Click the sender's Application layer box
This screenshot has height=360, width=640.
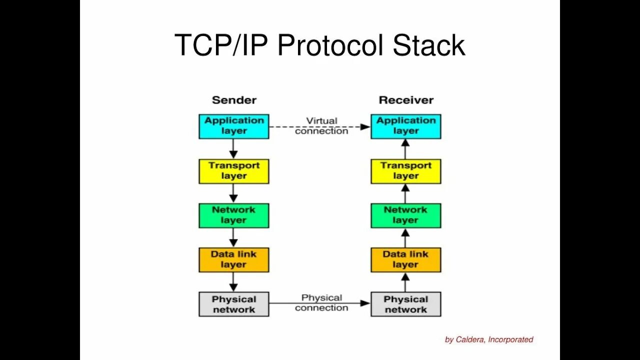pyautogui.click(x=233, y=126)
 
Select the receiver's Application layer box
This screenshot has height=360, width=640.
pyautogui.click(x=405, y=126)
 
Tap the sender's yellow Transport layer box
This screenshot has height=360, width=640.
pyautogui.click(x=233, y=171)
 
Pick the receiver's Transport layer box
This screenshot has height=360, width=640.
pyautogui.click(x=405, y=171)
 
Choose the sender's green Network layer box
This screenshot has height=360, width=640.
pyautogui.click(x=233, y=215)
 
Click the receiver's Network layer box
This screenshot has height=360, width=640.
pyautogui.click(x=405, y=215)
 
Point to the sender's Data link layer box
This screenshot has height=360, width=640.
pyautogui.click(x=233, y=259)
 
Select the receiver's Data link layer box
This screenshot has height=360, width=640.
pyautogui.click(x=405, y=259)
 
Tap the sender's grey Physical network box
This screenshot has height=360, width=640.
pyautogui.click(x=233, y=304)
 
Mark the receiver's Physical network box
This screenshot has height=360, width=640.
pyautogui.click(x=405, y=304)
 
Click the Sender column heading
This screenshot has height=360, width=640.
pyautogui.click(x=234, y=100)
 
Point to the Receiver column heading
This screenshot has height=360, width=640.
pyautogui.click(x=406, y=100)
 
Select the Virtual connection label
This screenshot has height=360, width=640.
pyautogui.click(x=321, y=126)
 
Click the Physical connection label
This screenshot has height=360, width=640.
pyautogui.click(x=321, y=302)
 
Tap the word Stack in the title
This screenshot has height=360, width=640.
pyautogui.click(x=429, y=45)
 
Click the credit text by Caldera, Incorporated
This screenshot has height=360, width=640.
pyautogui.click(x=489, y=339)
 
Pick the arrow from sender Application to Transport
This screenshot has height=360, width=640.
pyautogui.click(x=233, y=149)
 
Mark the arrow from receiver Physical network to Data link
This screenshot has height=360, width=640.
pyautogui.click(x=405, y=282)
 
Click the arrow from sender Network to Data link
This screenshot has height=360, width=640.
pyautogui.click(x=233, y=238)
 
